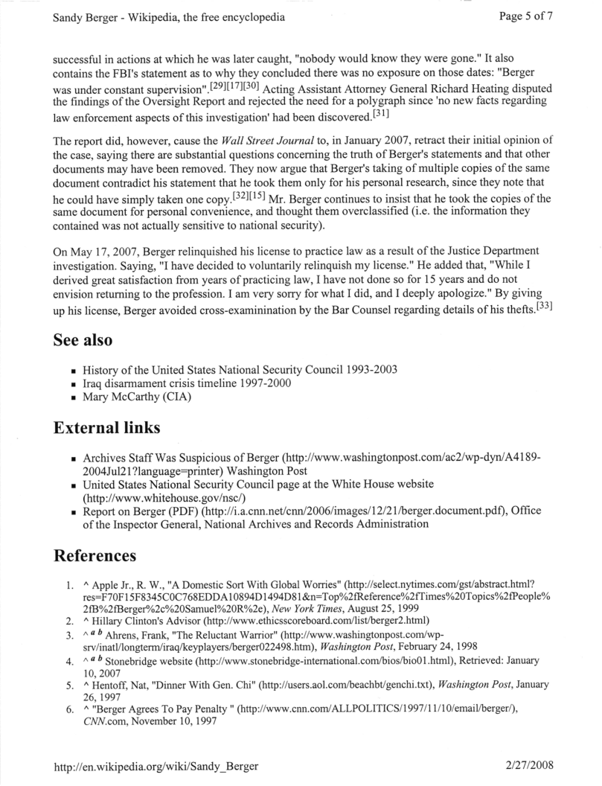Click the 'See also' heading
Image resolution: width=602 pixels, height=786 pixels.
pos(83,339)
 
